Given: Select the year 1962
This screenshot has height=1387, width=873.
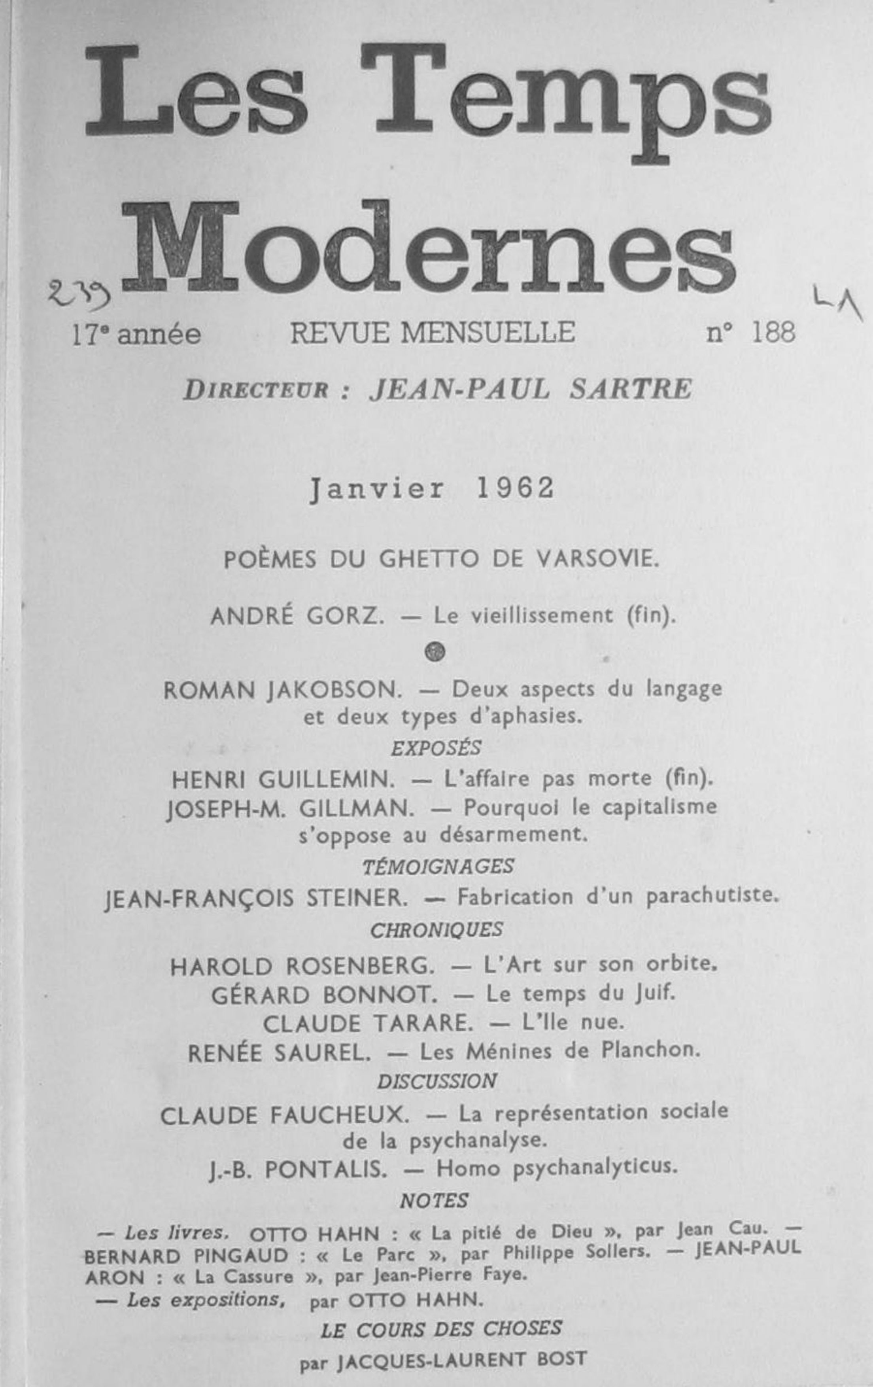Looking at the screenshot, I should (x=516, y=488).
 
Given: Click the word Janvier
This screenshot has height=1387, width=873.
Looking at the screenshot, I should (x=377, y=490).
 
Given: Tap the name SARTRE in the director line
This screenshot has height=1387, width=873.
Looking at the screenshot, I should (x=631, y=389).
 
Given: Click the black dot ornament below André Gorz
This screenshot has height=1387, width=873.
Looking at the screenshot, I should (x=435, y=651).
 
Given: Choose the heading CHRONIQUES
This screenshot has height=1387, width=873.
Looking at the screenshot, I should (x=436, y=930).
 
